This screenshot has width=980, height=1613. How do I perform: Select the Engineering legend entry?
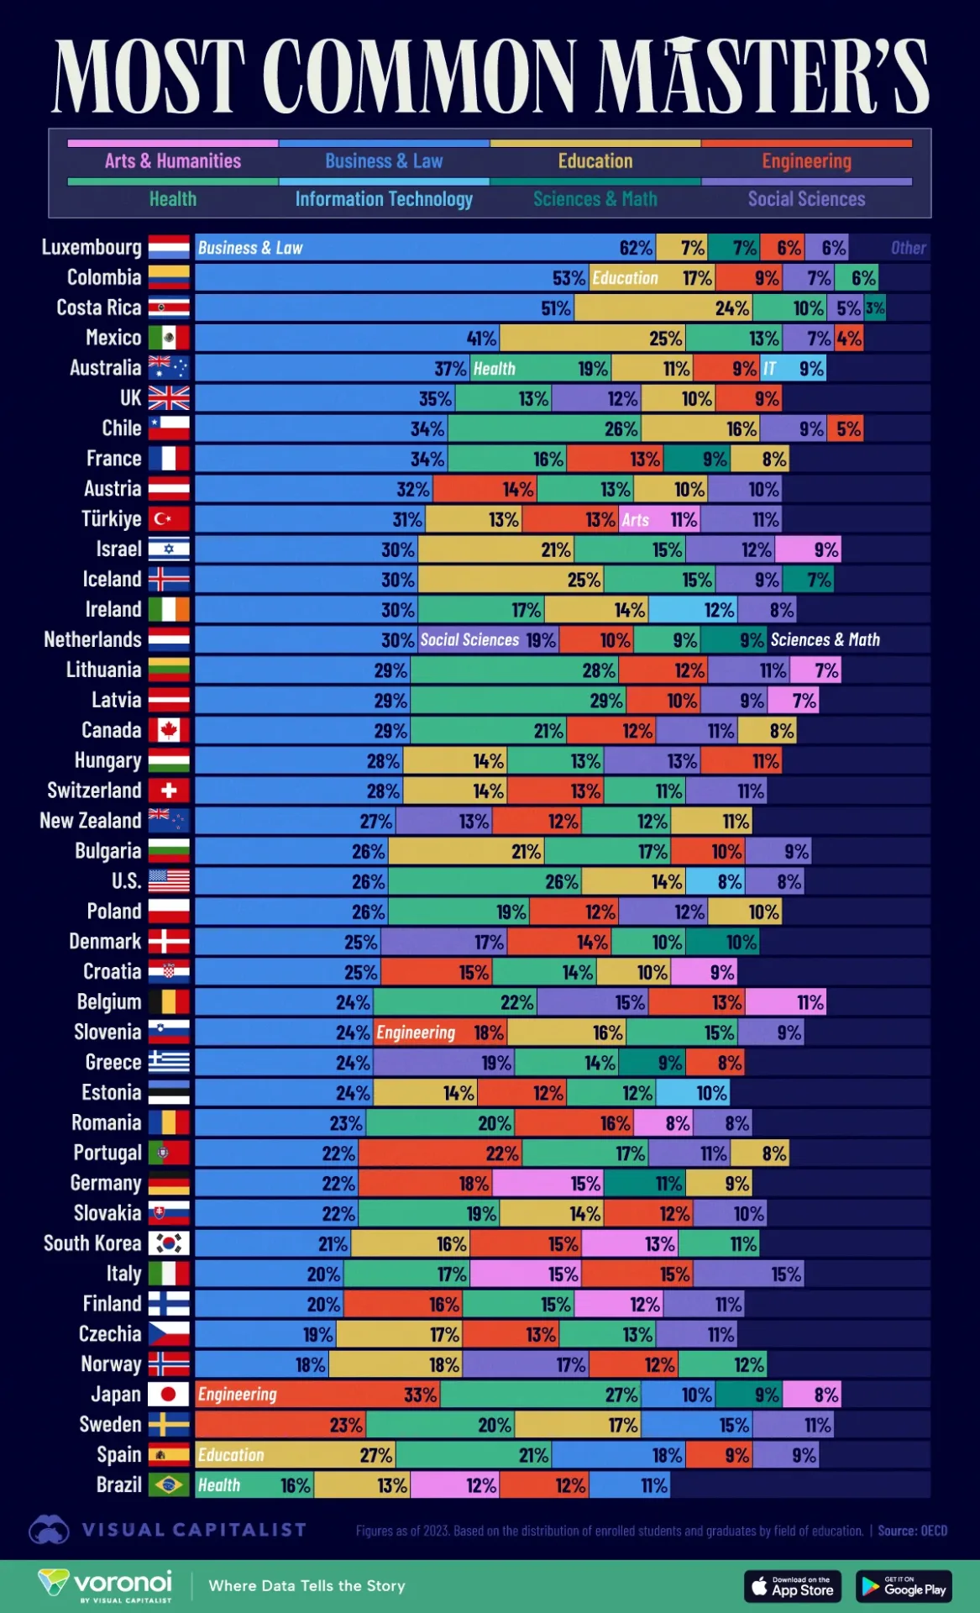[x=806, y=160]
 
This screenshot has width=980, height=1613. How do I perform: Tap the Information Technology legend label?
[x=384, y=199]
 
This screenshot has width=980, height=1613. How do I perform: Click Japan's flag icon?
[x=169, y=1395]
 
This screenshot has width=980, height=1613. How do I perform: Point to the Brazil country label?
[x=118, y=1484]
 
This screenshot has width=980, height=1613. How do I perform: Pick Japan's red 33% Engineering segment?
[x=317, y=1395]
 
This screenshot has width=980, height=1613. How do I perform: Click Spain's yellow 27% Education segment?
[x=295, y=1455]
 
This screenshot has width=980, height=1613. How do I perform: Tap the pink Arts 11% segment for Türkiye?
[x=659, y=519]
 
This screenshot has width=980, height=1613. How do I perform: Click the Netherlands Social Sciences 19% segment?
[x=487, y=640]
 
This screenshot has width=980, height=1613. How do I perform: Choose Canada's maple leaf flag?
[x=169, y=730]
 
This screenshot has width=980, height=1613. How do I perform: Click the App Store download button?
[x=792, y=1586]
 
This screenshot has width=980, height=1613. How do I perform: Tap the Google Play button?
[x=904, y=1586]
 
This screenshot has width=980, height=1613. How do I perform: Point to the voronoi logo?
[x=106, y=1584]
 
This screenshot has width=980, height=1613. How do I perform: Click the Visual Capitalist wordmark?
[x=193, y=1530]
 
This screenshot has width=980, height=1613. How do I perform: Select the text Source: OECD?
[x=912, y=1531]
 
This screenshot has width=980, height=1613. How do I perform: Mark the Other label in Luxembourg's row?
[x=908, y=248]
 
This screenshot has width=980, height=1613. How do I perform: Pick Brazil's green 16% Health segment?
[x=254, y=1485]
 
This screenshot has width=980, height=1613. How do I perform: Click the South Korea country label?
[x=92, y=1243]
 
